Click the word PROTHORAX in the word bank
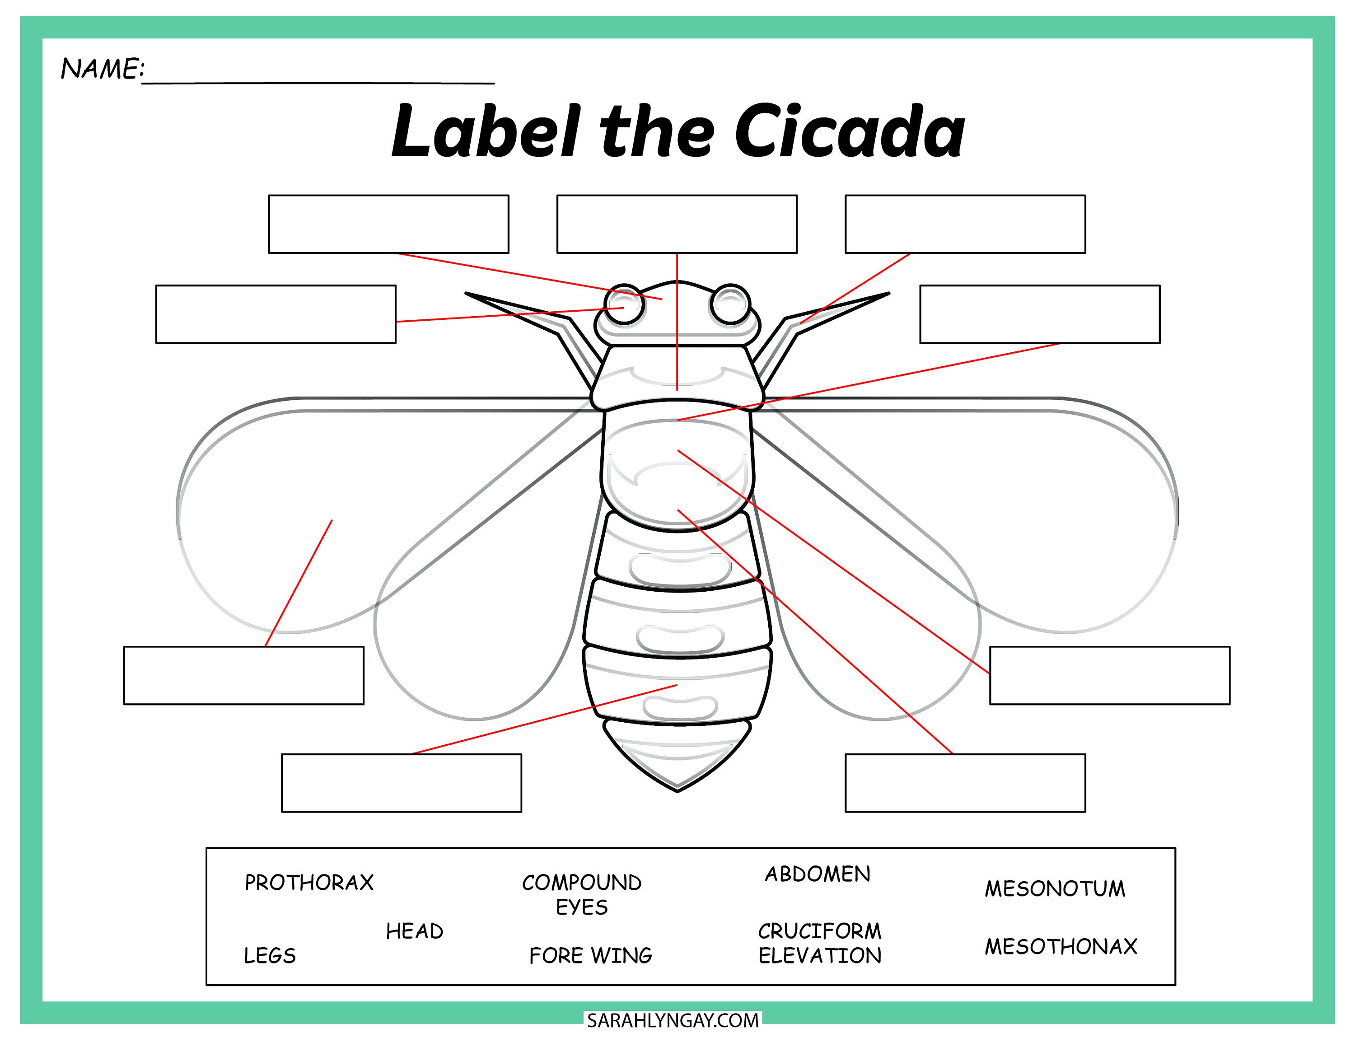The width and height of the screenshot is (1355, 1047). [309, 883]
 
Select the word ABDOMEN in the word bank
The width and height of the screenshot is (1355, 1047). [817, 874]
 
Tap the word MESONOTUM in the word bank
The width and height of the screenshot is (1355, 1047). [1054, 888]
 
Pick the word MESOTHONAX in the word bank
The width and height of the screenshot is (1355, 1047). [1061, 946]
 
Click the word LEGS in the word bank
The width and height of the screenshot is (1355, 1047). [269, 955]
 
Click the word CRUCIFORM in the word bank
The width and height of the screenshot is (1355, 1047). [819, 931]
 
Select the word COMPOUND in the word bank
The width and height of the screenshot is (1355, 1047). [581, 883]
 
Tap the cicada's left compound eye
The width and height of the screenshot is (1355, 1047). [624, 304]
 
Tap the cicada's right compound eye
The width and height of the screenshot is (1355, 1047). [731, 304]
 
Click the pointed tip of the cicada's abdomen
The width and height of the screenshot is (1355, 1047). [677, 790]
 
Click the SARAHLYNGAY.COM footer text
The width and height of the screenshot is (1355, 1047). [673, 1020]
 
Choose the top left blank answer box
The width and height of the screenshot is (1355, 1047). [388, 224]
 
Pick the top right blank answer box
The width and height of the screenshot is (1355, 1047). [965, 224]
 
